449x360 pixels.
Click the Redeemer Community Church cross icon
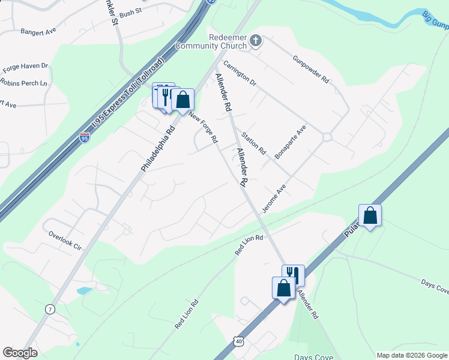(x=256, y=41)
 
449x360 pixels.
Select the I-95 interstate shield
(x=85, y=137)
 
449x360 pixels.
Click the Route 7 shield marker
(x=49, y=308)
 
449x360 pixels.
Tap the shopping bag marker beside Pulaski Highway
(x=370, y=215)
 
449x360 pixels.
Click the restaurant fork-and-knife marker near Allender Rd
(x=293, y=274)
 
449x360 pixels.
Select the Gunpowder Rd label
(x=310, y=69)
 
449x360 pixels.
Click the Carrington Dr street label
(x=240, y=73)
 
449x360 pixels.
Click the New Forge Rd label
(x=202, y=127)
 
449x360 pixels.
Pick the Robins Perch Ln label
(x=24, y=83)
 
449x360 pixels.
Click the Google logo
(x=20, y=353)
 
